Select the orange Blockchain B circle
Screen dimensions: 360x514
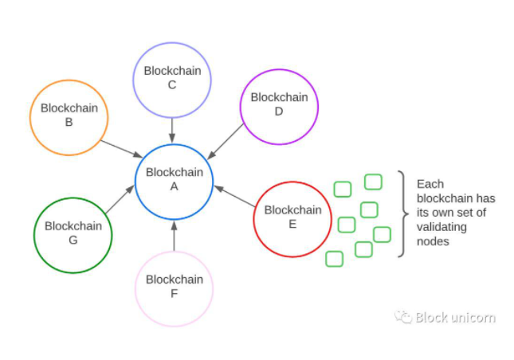point(69,115)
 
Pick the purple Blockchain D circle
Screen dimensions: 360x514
point(279,106)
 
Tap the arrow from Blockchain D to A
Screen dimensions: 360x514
point(226,140)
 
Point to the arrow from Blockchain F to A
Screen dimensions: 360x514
point(174,237)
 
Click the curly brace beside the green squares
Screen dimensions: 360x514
point(403,213)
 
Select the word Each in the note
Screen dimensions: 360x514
point(429,183)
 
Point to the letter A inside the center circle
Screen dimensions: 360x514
point(174,186)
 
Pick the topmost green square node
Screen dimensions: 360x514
point(373,182)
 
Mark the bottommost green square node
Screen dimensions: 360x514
point(335,258)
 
